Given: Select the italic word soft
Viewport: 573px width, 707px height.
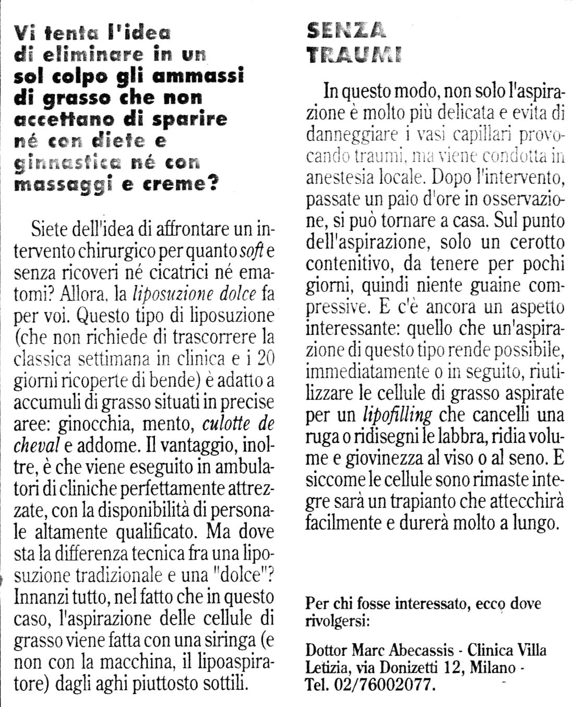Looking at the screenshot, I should coord(252,251).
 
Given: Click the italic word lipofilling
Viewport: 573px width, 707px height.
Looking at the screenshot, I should coord(397,415).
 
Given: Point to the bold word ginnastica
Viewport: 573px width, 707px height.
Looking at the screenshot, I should coord(66,163).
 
